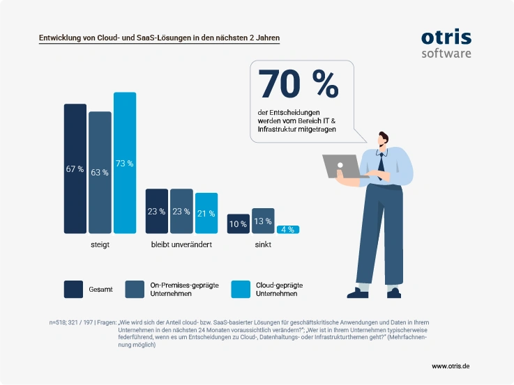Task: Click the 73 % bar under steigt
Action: tap(125, 163)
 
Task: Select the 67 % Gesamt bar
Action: tap(75, 168)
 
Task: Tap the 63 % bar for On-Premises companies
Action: tap(100, 173)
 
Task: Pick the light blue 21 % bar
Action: tap(206, 213)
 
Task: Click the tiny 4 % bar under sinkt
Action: tap(288, 230)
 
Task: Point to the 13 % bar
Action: tap(263, 221)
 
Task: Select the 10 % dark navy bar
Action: tap(239, 223)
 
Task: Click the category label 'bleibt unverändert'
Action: tap(181, 244)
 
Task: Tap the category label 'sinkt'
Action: tap(263, 244)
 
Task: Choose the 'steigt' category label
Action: tap(100, 245)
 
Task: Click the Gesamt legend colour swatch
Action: tap(73, 289)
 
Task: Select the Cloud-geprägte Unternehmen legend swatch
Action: tap(241, 289)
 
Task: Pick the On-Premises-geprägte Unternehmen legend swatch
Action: tap(135, 289)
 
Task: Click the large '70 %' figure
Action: tap(298, 84)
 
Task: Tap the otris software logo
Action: tap(446, 44)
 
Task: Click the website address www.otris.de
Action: tap(451, 366)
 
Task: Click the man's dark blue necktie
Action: tap(381, 166)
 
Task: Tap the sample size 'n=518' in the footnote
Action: tap(57, 322)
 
